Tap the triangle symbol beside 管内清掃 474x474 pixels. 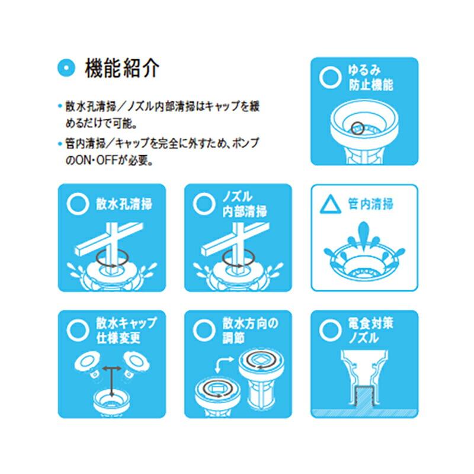(x=329, y=205)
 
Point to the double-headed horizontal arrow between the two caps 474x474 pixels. (x=110, y=368)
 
